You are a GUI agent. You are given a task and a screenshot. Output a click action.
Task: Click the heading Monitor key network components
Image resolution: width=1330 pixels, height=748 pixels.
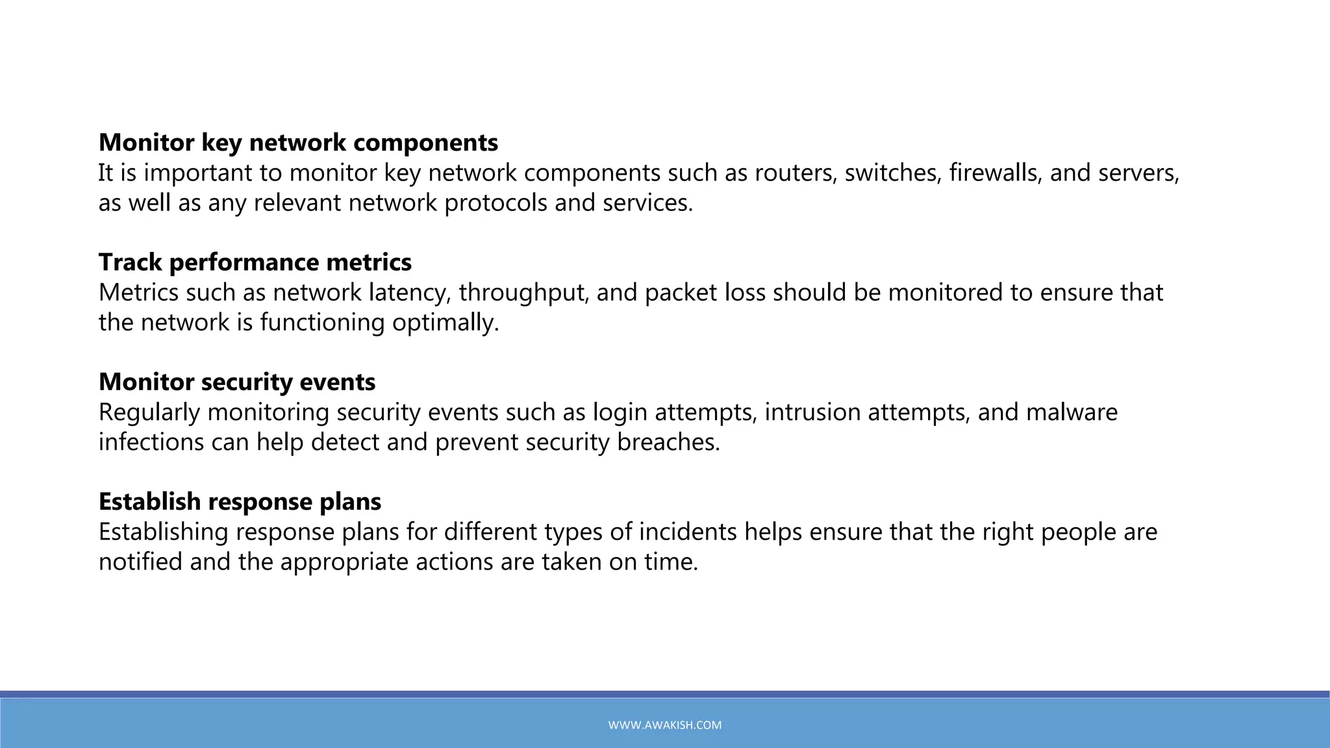pyautogui.click(x=298, y=143)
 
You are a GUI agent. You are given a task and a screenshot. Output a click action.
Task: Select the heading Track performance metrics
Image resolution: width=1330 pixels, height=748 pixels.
pyautogui.click(x=255, y=262)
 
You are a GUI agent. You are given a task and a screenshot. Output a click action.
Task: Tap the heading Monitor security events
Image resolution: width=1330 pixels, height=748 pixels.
pyautogui.click(x=236, y=382)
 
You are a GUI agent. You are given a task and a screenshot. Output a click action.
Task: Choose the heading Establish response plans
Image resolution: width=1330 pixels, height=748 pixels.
pyautogui.click(x=240, y=501)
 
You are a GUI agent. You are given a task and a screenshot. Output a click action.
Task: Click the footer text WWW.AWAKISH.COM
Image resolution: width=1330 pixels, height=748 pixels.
pyautogui.click(x=664, y=725)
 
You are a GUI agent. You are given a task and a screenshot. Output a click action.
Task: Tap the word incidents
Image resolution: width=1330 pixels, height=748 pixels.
pyautogui.click(x=688, y=532)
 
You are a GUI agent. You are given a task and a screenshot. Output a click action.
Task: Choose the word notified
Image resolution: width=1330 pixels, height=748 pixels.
pyautogui.click(x=140, y=562)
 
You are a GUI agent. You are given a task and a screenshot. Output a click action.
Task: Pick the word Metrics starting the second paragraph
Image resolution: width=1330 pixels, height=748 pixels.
pyautogui.click(x=138, y=293)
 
